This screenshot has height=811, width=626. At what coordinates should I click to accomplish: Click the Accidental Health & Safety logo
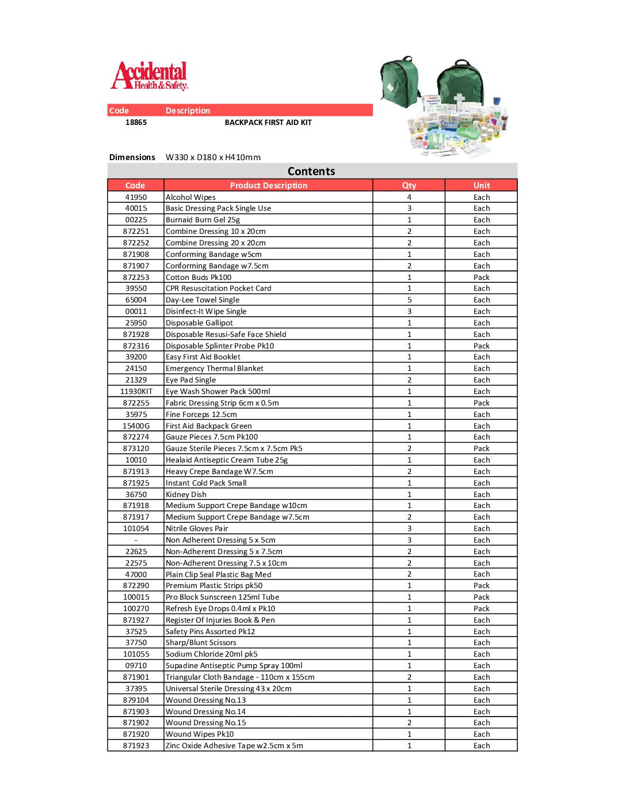150,76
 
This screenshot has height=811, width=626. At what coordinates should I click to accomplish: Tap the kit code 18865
136,122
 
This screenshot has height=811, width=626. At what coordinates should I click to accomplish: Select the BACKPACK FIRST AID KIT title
268,122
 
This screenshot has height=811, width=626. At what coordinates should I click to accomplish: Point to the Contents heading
311,171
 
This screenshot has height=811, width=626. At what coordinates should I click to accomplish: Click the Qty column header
409,185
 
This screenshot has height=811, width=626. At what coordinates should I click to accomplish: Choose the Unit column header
482,185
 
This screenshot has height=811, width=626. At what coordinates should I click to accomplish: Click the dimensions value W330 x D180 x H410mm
213,157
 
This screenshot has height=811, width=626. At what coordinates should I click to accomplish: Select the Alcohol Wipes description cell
190,197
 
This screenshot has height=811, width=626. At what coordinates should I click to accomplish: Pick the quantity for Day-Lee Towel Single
409,300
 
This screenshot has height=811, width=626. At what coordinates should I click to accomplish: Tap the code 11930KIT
136,391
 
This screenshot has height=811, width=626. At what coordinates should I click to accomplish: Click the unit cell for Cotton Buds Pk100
482,277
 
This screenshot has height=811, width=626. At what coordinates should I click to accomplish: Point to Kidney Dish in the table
186,494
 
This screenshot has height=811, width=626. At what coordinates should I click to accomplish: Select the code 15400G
136,426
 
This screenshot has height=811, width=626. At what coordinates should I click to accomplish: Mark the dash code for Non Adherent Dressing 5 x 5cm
136,540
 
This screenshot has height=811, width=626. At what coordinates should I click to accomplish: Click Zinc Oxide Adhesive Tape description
234,745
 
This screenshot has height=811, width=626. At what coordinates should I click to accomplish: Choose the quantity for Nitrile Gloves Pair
409,528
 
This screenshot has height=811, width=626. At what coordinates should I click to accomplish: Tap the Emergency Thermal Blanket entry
214,368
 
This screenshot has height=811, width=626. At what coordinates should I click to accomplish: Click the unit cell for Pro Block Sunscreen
482,597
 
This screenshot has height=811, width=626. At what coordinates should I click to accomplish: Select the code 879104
136,700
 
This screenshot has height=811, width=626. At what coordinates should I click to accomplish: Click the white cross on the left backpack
391,88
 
